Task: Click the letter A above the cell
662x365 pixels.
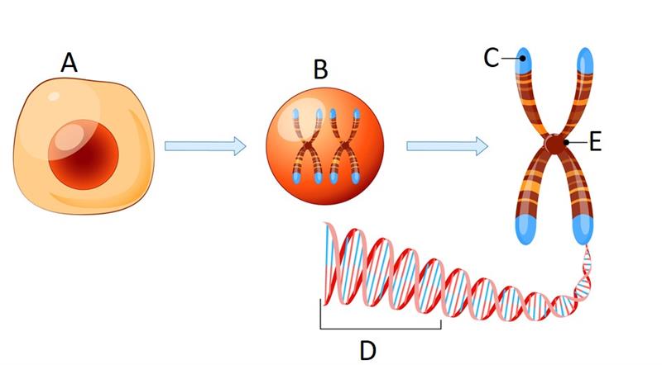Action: pyautogui.click(x=69, y=63)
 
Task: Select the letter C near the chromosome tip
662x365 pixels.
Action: pyautogui.click(x=492, y=58)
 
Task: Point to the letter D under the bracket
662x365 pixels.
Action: pyautogui.click(x=368, y=350)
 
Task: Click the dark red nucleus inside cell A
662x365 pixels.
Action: pyautogui.click(x=84, y=153)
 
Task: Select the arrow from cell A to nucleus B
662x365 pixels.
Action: pyautogui.click(x=205, y=147)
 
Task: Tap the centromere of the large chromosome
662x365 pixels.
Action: pyautogui.click(x=552, y=145)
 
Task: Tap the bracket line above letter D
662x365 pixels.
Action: pyautogui.click(x=381, y=329)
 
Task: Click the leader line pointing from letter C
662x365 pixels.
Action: pyautogui.click(x=511, y=59)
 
